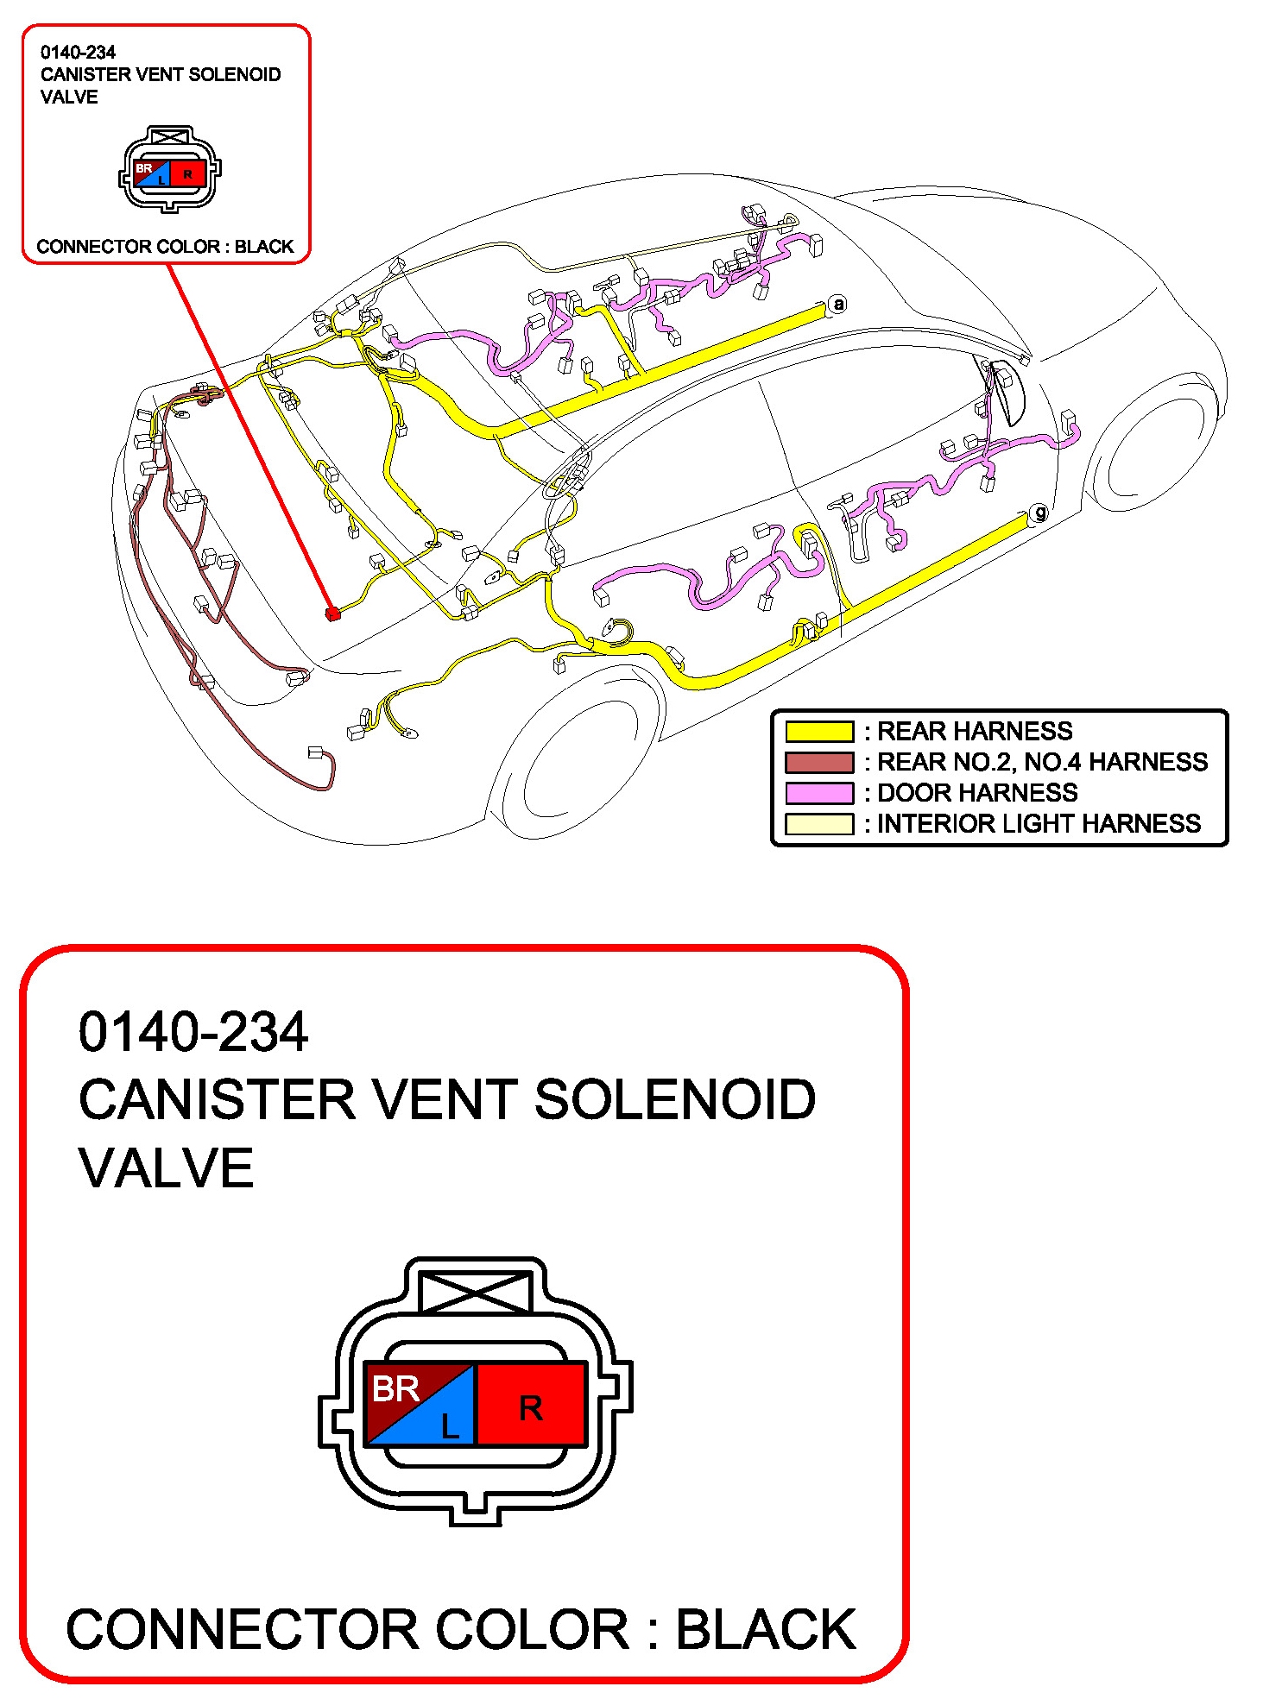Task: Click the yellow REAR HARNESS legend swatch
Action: [818, 732]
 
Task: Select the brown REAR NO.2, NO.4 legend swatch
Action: [818, 762]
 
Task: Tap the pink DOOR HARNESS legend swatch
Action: [818, 793]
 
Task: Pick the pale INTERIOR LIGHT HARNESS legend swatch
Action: [818, 824]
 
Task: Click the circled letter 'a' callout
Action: [837, 304]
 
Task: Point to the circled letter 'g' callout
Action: [1039, 513]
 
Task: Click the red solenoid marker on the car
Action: [332, 614]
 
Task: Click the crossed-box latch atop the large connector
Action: [474, 1291]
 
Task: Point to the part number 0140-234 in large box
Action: [193, 1032]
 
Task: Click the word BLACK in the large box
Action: [765, 1630]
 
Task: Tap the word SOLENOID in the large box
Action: [674, 1100]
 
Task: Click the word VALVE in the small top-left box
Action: [69, 98]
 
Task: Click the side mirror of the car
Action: [1006, 393]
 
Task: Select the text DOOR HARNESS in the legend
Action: [977, 793]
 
